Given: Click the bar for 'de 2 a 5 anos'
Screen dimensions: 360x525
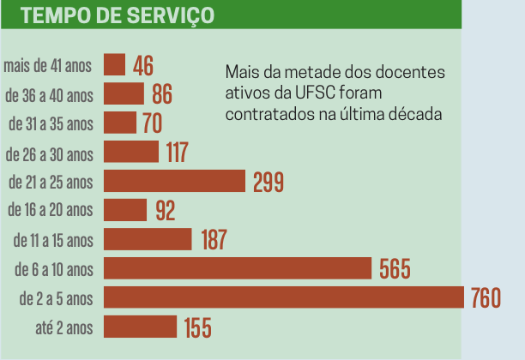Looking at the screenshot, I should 283,297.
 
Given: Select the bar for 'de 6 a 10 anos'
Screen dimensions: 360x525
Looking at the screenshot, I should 238,268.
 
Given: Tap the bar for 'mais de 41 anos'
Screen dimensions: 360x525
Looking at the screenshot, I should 114,65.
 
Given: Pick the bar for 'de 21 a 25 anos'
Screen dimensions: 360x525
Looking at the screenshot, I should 174,181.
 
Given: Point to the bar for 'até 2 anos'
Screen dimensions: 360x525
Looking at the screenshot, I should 140,327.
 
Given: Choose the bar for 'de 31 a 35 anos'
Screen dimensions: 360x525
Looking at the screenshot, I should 120,123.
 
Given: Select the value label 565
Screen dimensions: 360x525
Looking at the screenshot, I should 395,269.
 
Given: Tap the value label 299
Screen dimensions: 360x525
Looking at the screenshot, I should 269,182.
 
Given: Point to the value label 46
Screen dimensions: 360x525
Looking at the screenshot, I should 143,66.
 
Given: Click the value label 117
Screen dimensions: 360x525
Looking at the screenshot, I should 177,153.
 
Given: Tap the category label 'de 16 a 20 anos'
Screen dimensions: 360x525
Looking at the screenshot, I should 49,210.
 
